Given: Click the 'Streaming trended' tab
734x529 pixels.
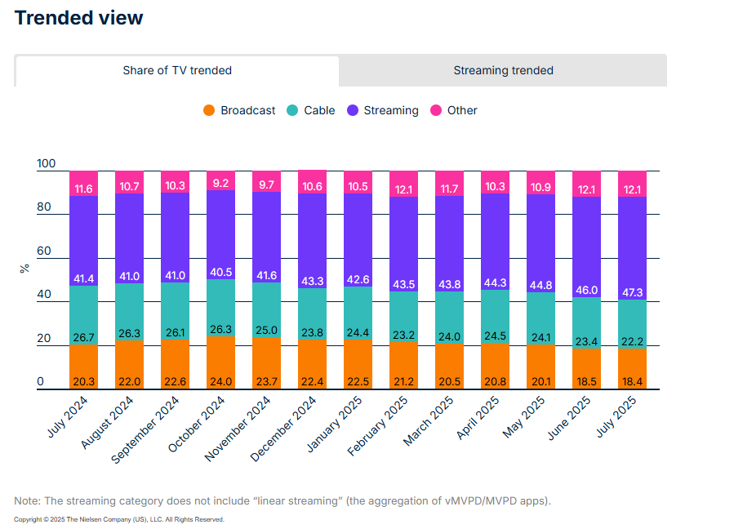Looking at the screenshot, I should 503,70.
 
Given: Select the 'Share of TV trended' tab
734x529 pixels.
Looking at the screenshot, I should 177,70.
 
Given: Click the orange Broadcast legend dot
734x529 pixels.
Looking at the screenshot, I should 209,110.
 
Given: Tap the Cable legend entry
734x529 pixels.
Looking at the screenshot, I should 310,110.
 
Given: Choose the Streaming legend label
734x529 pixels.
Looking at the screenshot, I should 390,110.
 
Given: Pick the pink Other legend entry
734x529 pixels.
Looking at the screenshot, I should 461,110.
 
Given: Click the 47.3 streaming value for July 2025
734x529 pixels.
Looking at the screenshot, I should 632,291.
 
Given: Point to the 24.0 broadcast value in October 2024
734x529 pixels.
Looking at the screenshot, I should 220,381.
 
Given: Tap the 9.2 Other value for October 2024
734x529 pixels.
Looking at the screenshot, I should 220,184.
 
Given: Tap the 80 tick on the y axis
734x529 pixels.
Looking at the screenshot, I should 44,207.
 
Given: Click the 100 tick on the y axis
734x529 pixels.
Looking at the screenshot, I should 47,164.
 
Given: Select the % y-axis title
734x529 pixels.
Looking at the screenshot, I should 24,267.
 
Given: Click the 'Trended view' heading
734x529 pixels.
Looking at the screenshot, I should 78,18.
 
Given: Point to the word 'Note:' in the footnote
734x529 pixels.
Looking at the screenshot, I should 29,500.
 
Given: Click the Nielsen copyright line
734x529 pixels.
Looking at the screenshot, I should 118,519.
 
